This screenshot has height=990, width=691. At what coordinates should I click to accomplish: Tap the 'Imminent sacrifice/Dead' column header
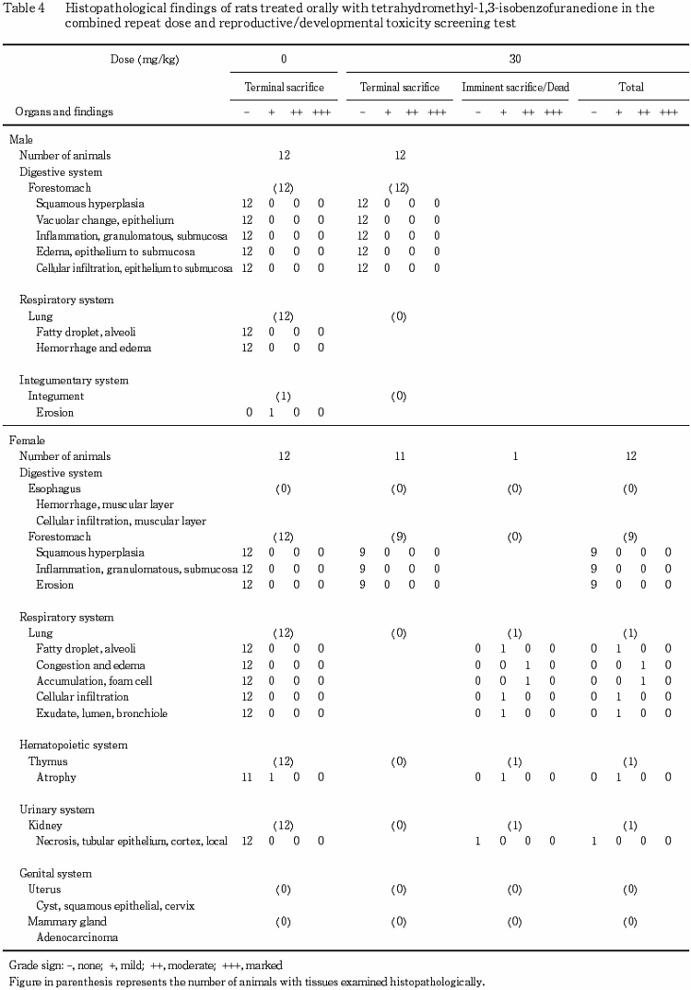[515, 88]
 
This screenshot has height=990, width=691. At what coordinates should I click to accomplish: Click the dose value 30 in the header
[515, 57]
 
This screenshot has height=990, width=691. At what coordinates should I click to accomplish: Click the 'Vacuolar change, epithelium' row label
[105, 220]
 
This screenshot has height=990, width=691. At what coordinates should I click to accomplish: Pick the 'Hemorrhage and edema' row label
[93, 348]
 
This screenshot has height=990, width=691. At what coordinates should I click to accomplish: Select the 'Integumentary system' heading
[74, 380]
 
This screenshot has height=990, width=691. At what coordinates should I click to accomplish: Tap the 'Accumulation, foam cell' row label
[94, 680]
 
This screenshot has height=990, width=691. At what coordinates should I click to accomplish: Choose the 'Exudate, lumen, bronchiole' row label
[101, 713]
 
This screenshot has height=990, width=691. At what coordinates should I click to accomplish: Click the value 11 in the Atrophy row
[247, 777]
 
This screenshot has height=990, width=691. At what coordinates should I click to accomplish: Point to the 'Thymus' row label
[48, 761]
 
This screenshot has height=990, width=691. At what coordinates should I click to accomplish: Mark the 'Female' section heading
[26, 441]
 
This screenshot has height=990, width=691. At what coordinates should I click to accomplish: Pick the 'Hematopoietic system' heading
[74, 745]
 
